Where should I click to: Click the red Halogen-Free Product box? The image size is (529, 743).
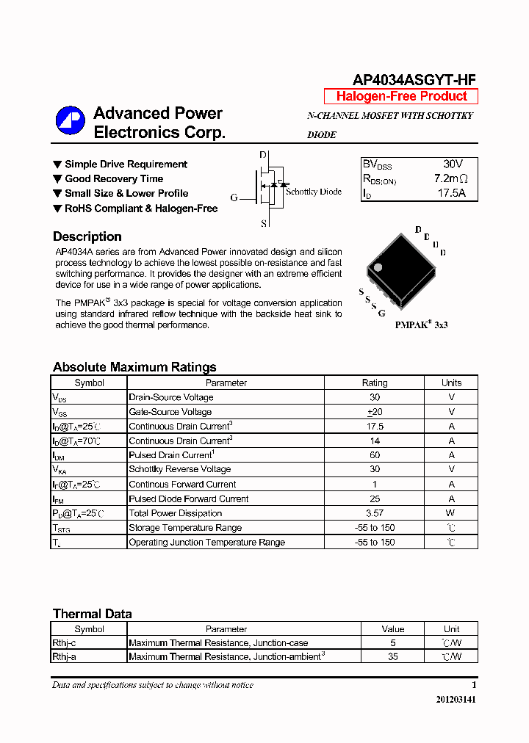click(x=401, y=96)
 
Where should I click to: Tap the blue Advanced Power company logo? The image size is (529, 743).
click(x=71, y=122)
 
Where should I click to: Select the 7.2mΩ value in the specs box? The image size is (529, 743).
click(x=450, y=178)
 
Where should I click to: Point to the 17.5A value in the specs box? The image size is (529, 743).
click(x=452, y=194)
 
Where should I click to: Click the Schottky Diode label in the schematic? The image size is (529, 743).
click(x=314, y=192)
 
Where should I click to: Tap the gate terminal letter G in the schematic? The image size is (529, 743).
click(x=234, y=197)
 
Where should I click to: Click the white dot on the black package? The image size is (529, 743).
click(x=378, y=267)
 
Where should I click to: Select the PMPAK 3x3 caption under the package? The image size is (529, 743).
click(x=421, y=325)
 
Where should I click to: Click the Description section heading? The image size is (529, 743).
click(x=87, y=236)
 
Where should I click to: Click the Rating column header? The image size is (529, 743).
click(x=375, y=383)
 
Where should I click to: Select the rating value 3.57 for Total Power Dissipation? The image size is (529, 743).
click(x=375, y=513)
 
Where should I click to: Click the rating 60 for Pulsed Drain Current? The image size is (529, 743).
click(x=375, y=455)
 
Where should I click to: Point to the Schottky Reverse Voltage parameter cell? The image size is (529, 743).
click(x=180, y=469)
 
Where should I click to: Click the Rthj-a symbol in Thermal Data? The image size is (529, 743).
click(x=64, y=657)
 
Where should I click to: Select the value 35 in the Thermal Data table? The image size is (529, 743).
click(x=393, y=657)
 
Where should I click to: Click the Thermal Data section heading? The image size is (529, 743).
click(x=93, y=614)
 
